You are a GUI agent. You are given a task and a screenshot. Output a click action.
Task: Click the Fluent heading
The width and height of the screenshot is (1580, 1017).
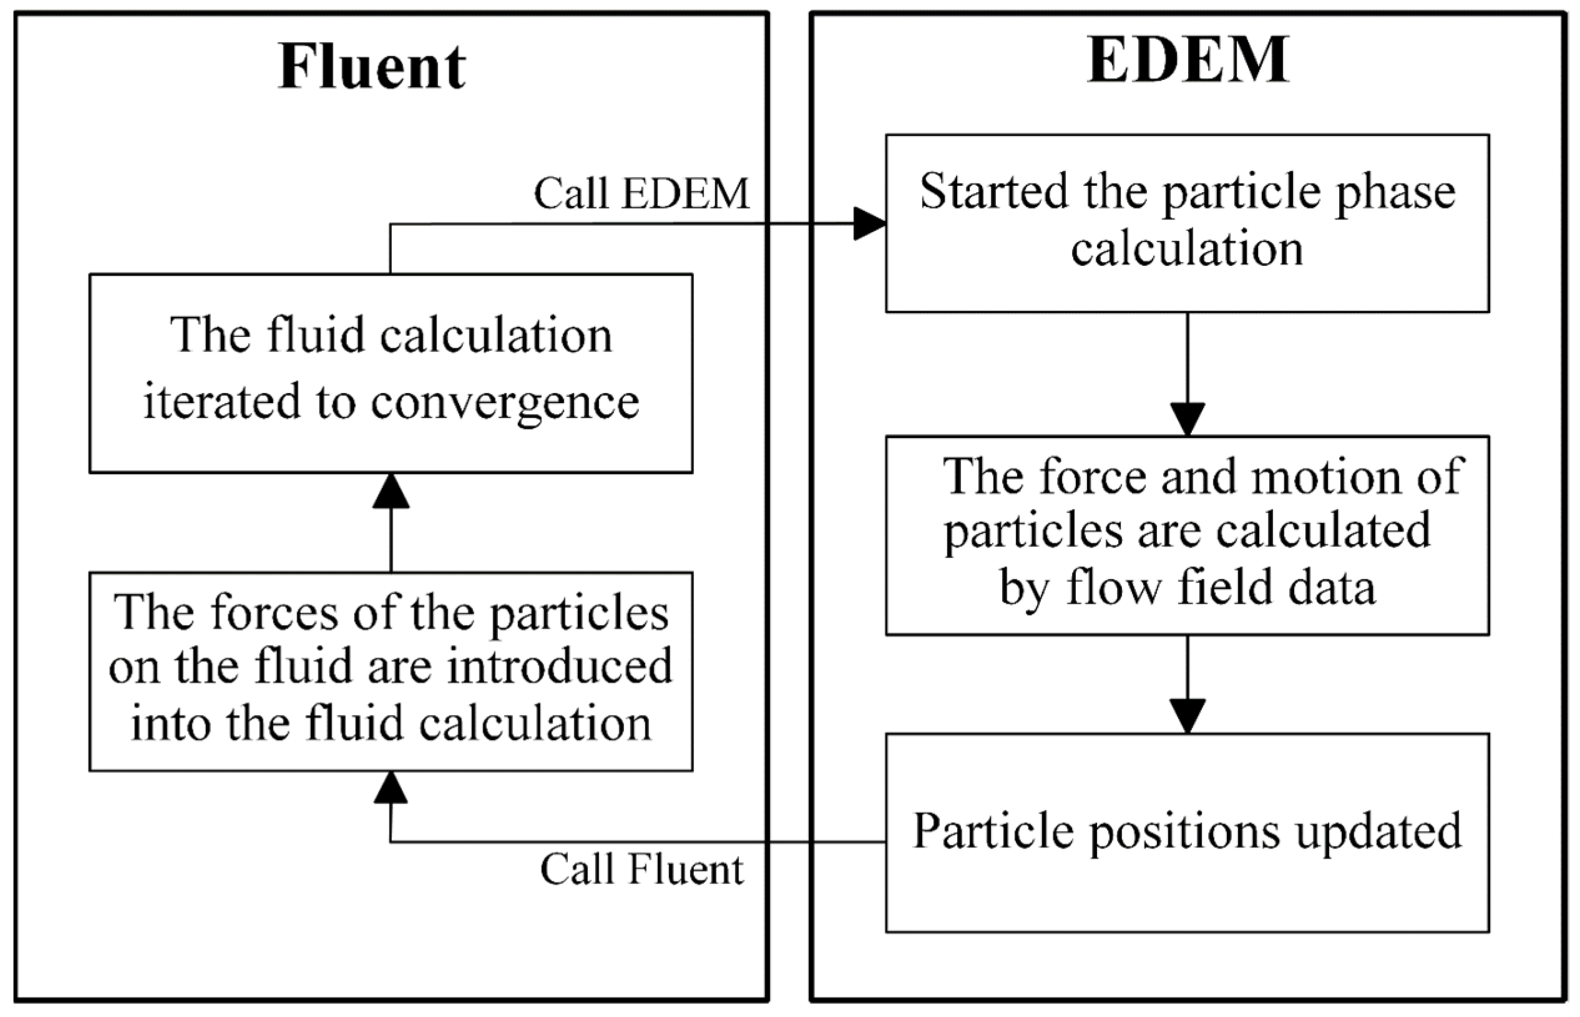coord(372,67)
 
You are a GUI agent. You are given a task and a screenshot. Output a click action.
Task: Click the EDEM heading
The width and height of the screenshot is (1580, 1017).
coord(1187,61)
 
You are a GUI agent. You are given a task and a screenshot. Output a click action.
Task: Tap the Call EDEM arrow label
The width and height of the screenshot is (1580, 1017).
coord(641,194)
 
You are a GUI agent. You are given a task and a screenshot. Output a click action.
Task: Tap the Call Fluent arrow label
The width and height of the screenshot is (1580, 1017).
coord(641,869)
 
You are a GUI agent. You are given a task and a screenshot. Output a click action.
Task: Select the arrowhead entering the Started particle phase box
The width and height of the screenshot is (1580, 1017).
coord(869,223)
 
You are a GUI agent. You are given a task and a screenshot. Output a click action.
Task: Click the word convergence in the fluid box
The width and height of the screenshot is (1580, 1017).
coord(505,402)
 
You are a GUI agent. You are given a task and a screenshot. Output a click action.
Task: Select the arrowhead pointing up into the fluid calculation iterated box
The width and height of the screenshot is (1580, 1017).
coord(391,492)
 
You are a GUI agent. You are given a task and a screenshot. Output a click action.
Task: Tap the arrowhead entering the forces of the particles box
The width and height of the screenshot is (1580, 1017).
coord(391,789)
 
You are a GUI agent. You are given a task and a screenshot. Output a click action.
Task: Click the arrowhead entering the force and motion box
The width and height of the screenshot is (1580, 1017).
coord(1187,419)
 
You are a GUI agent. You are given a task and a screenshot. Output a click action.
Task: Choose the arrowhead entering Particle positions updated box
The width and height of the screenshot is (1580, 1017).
coord(1187,716)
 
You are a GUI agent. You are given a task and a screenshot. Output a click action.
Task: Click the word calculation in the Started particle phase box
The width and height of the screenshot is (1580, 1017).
coord(1187,250)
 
